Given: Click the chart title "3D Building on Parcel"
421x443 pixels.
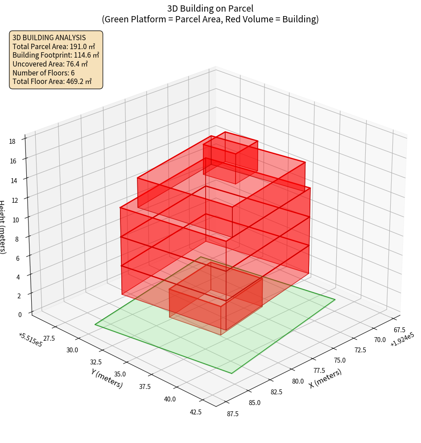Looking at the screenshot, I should pyautogui.click(x=210, y=8).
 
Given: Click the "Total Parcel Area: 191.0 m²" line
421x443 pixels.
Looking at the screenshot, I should pyautogui.click(x=54, y=46).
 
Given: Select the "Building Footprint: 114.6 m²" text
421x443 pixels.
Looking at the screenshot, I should pyautogui.click(x=56, y=55).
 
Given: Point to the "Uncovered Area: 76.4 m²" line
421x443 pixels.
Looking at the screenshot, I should pyautogui.click(x=52, y=64).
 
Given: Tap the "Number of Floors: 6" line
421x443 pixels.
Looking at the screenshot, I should pyautogui.click(x=44, y=72).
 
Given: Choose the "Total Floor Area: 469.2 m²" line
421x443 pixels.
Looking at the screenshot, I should pyautogui.click(x=52, y=81).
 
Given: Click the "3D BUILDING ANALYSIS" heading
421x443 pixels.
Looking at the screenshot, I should pyautogui.click(x=49, y=38).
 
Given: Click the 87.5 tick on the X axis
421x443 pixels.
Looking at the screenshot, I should pyautogui.click(x=232, y=414).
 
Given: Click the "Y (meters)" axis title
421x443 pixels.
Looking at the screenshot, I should pyautogui.click(x=107, y=378).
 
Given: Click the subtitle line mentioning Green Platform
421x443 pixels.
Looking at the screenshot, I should pyautogui.click(x=210, y=19).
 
